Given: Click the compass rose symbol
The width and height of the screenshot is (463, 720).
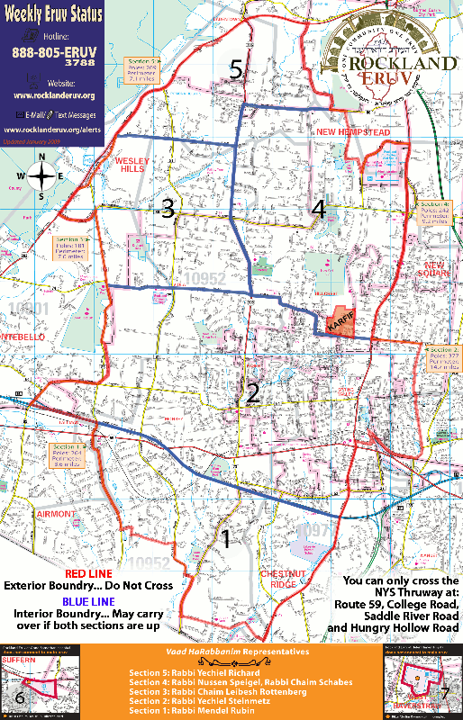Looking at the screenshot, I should pos(41,175).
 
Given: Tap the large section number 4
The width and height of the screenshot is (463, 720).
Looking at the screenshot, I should pos(318,210).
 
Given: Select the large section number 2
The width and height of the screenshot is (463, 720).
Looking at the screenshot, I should pos(253,392).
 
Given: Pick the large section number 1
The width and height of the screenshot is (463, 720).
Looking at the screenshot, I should pos(226,539).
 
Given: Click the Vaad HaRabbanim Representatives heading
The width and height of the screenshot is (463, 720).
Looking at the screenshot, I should pos(231,651).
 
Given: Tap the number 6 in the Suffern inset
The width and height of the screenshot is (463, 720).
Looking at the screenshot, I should pos(20,698).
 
